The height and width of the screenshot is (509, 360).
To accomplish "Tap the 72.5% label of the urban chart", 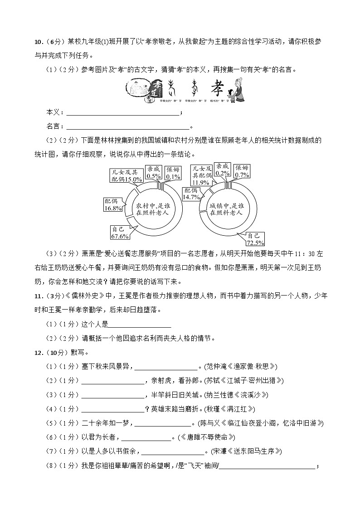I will point(256,238).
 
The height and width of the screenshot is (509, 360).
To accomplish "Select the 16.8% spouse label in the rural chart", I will point(113,205).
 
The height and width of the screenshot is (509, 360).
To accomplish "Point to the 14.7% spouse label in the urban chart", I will point(191,194).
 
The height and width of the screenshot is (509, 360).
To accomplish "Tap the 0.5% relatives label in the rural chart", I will point(154,173).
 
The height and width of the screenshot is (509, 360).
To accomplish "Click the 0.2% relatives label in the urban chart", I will point(222,170).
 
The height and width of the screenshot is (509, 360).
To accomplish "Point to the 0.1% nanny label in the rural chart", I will point(173,173).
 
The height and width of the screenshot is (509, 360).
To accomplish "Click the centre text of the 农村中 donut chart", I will point(153,209).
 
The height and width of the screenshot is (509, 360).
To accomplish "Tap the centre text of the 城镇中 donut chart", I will point(226,209).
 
